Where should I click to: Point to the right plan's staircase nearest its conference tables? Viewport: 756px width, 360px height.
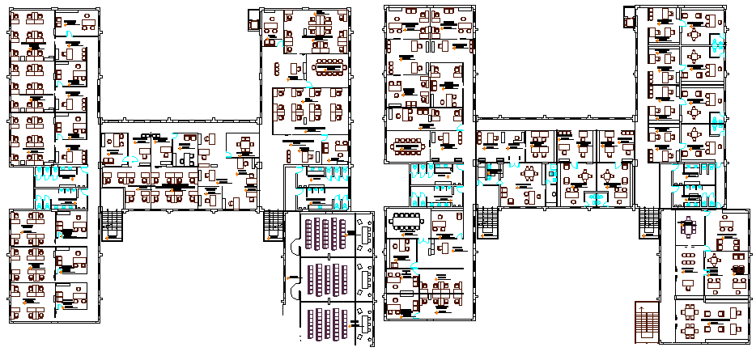pos(488,219)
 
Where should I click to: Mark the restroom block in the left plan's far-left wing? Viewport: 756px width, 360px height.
pos(61,184)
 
